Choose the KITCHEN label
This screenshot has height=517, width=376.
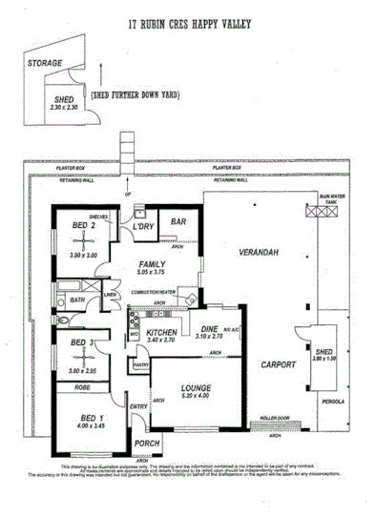(x=161, y=332)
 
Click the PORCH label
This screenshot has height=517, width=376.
(x=148, y=442)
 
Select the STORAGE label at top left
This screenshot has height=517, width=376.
(x=45, y=62)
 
